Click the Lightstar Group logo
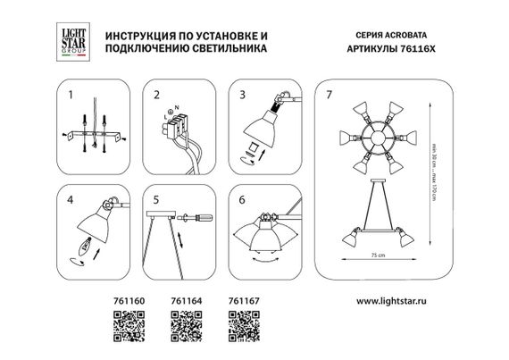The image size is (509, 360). pyautogui.click(x=69, y=40)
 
